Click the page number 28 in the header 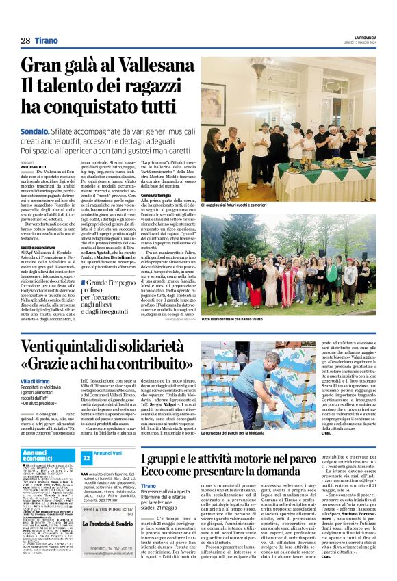point(25,41)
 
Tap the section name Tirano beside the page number point(47,41)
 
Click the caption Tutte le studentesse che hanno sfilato point(239,320)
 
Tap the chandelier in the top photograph point(259,68)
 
